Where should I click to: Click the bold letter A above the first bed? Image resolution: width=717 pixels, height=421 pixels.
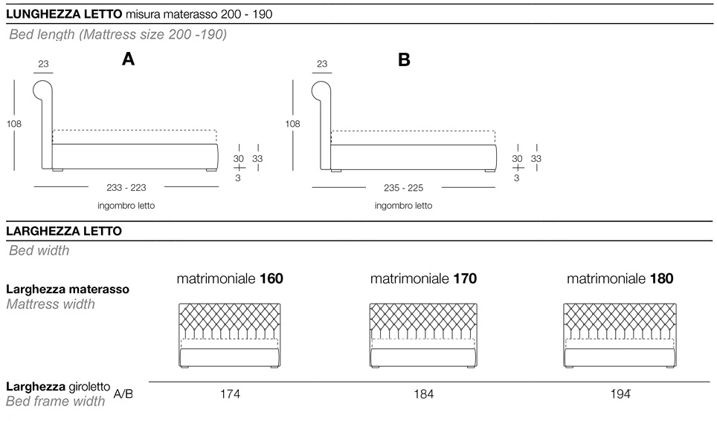click(x=129, y=61)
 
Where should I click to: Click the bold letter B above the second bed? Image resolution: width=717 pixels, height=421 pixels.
click(x=404, y=61)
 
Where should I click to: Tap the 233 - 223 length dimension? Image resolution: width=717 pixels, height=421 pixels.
click(x=127, y=189)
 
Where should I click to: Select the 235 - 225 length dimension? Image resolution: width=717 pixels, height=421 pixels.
click(x=404, y=189)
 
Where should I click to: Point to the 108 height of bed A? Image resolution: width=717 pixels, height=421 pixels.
click(x=13, y=124)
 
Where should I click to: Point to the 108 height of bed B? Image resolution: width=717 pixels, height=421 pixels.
click(x=292, y=124)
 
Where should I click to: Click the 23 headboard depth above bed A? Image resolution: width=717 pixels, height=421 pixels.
click(x=43, y=65)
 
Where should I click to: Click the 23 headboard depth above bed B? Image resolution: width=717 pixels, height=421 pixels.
click(x=321, y=65)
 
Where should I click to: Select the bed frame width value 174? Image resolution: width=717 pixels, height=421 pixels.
click(x=230, y=394)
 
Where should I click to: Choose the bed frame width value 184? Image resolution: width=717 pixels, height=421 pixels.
click(x=423, y=394)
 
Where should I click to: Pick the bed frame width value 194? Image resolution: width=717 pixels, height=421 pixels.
click(x=620, y=394)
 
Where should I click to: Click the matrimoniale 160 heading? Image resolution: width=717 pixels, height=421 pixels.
click(x=230, y=279)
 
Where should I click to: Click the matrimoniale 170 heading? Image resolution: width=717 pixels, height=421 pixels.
click(x=423, y=279)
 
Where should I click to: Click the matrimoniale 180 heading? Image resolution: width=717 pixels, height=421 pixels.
click(x=620, y=279)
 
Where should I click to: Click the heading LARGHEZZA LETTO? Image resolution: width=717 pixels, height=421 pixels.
click(x=63, y=232)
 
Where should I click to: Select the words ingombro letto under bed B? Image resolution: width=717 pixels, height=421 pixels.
click(x=403, y=206)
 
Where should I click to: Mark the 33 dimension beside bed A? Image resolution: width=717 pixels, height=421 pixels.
click(x=257, y=158)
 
